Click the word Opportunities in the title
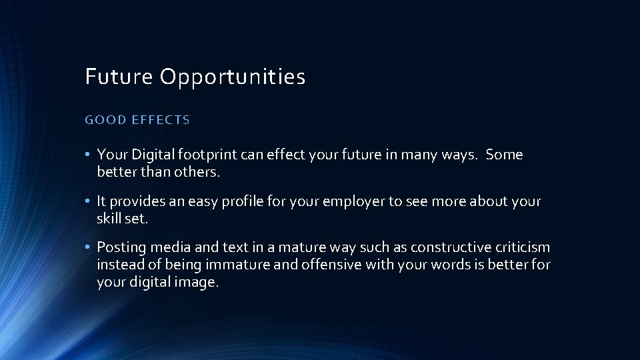pyautogui.click(x=232, y=77)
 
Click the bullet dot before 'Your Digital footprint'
pyautogui.click(x=88, y=155)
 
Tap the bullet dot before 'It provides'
pyautogui.click(x=88, y=201)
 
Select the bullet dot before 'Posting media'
pyautogui.click(x=88, y=247)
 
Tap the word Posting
pyautogui.click(x=121, y=247)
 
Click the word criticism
pyautogui.click(x=522, y=247)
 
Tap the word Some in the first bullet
pyautogui.click(x=505, y=155)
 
